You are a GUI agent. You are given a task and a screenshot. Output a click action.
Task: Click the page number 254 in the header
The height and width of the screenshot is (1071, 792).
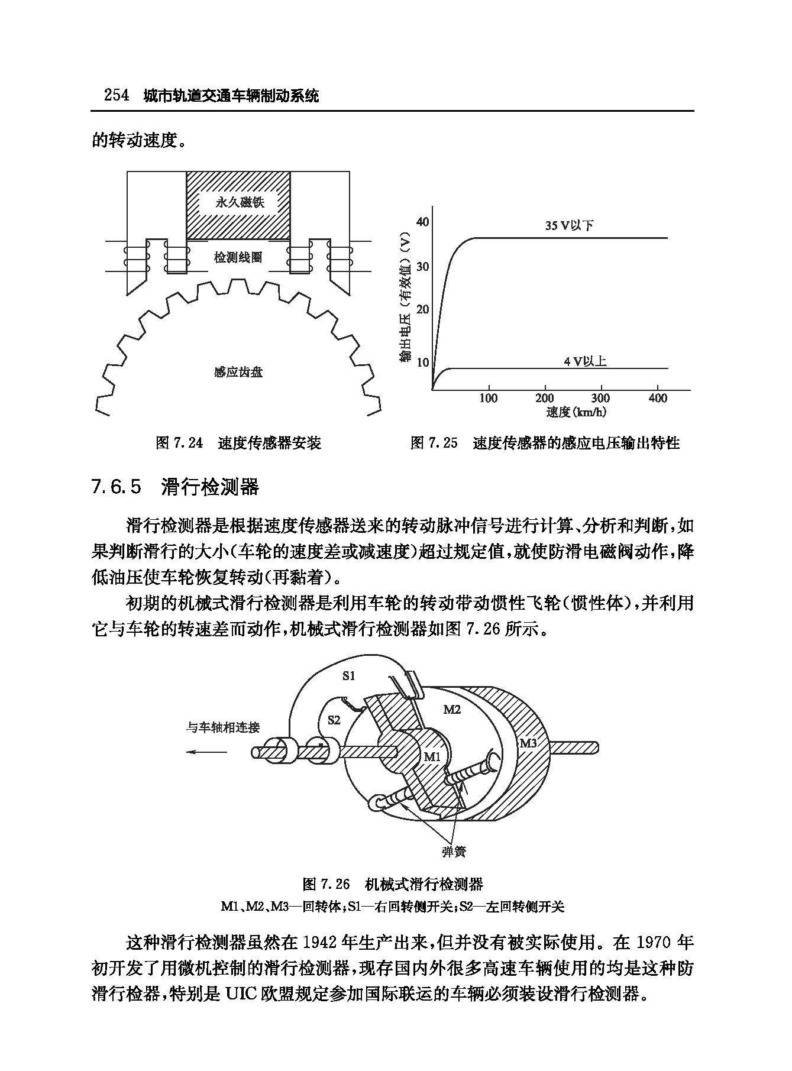tap(117, 95)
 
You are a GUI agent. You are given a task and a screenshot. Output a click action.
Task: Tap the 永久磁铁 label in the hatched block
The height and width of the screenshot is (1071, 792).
tap(239, 203)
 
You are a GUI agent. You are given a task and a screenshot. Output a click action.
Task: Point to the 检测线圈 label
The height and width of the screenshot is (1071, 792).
tap(238, 257)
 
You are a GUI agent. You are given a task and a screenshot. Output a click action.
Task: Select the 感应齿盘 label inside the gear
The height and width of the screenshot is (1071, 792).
tap(238, 372)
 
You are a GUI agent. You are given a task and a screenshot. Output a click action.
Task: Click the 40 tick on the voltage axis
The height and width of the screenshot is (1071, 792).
tap(422, 222)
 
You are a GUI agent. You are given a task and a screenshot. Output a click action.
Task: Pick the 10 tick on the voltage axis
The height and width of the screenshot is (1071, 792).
tap(422, 362)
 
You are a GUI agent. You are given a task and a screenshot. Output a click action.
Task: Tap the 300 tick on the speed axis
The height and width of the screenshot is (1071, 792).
tap(601, 398)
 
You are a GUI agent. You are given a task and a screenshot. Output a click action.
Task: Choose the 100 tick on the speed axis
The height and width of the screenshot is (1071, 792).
tap(488, 398)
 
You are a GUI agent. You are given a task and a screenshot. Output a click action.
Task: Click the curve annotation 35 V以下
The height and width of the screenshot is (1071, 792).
tap(569, 225)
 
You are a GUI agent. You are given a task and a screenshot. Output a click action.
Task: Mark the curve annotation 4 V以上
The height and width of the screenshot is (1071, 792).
tap(585, 361)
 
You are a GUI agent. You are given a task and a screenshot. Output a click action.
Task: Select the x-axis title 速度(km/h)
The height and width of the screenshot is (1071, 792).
tap(576, 412)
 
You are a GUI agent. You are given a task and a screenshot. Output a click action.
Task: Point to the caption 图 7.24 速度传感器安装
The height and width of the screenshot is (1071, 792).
tap(238, 443)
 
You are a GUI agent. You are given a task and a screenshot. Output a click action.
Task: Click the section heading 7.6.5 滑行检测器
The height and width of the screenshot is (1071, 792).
tap(175, 487)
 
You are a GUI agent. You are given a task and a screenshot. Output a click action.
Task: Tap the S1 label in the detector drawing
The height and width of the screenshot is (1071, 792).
tap(349, 675)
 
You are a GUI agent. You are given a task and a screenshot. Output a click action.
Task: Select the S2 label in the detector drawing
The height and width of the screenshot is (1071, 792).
tap(334, 720)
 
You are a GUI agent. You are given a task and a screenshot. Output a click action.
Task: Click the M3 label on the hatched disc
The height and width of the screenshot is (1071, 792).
tap(528, 743)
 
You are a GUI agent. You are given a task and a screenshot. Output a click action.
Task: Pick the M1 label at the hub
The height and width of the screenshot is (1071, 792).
tap(432, 756)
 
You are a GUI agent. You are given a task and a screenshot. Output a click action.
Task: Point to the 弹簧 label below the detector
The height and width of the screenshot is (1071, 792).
tap(454, 852)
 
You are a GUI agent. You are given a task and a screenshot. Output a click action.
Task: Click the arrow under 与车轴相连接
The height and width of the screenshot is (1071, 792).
tap(206, 752)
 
